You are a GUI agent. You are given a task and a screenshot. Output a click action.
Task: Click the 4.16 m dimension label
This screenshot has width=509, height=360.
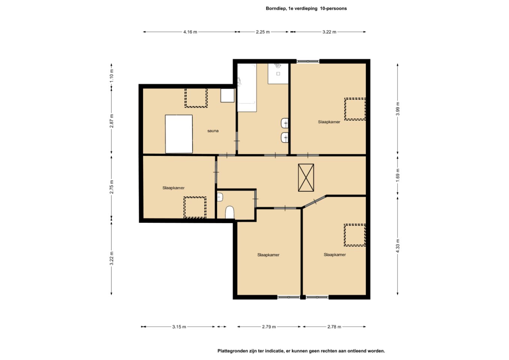pos(190,32)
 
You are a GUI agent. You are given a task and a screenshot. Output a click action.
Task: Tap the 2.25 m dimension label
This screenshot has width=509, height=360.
pos(263,32)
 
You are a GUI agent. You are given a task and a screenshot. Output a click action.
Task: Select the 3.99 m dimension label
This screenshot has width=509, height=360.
pos(398,109)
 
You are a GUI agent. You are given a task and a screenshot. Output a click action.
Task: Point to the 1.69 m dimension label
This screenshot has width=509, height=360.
pos(398,175)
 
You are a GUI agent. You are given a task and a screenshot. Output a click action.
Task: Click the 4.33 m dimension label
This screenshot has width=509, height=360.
pos(398,246)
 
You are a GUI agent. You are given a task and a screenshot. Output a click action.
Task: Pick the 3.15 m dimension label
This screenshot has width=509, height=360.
pos(179,327)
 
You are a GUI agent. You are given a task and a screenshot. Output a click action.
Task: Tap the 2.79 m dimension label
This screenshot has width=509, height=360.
pos(269,327)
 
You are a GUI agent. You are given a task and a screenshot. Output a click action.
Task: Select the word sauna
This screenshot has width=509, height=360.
pos(213,131)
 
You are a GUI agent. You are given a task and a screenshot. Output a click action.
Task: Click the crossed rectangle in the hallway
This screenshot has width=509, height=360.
pos(306,177)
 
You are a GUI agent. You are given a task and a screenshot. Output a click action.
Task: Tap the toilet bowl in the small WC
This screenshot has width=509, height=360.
pos(230,213)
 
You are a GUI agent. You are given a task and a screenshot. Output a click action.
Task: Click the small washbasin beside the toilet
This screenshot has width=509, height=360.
pos(220,197)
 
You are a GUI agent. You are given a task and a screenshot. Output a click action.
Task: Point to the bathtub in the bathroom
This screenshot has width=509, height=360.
pos(247,88)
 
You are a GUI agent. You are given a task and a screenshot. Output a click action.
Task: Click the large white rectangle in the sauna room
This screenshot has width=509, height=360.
pos(179,134)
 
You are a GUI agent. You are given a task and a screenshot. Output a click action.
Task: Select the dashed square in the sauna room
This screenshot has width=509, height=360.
pos(196,98)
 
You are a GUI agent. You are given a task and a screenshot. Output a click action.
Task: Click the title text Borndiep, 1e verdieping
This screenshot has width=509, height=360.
pos(292,8)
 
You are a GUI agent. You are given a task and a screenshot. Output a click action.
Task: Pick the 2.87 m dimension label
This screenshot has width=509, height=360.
pos(112,121)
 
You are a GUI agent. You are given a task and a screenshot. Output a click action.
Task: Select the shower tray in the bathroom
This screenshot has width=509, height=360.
pos(278,73)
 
